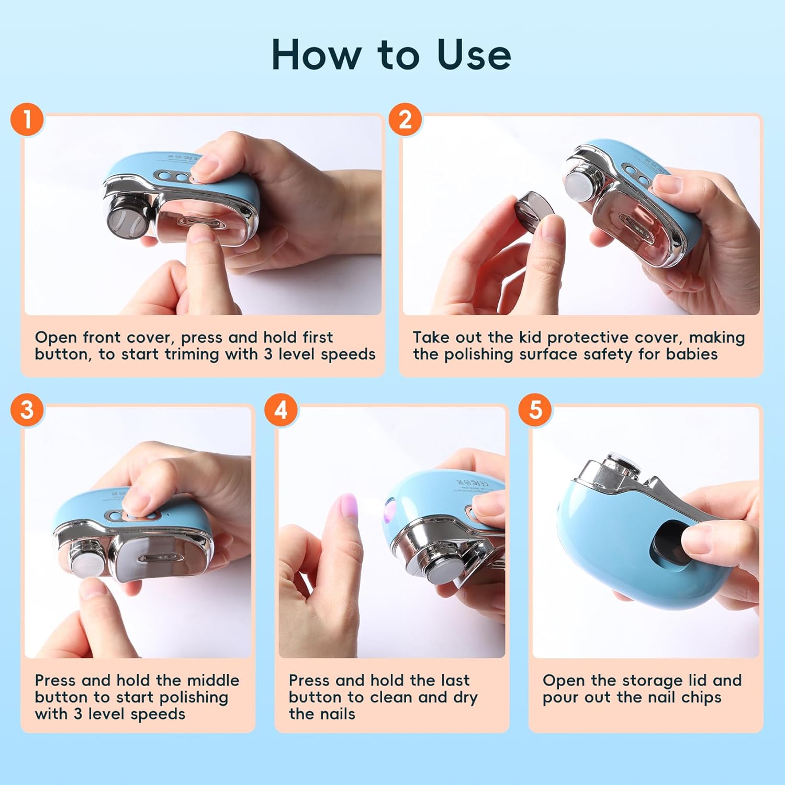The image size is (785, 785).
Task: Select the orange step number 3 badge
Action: pos(27,409)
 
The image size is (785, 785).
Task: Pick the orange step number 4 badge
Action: pos(281,409)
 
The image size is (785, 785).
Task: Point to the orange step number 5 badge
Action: pos(535,409)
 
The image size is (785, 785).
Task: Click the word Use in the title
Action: pos(474,54)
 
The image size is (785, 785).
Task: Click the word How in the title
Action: pos(316,54)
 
